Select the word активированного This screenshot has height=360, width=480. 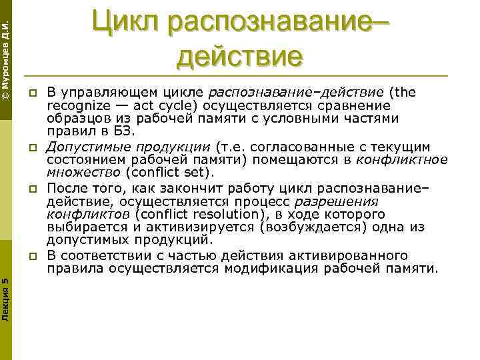coord(353,256)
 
